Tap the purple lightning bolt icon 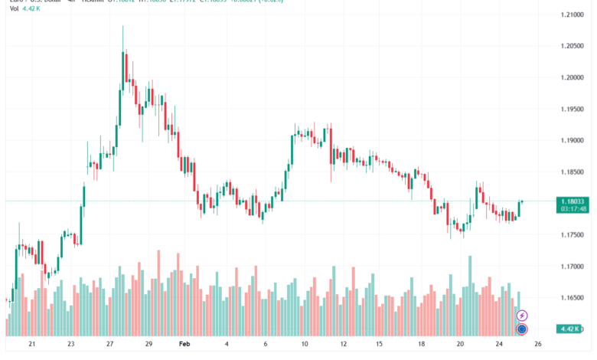522,316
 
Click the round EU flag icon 522,329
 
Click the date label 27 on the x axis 109,345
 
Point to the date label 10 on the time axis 304,345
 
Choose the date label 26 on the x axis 538,345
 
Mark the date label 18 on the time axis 420,345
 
